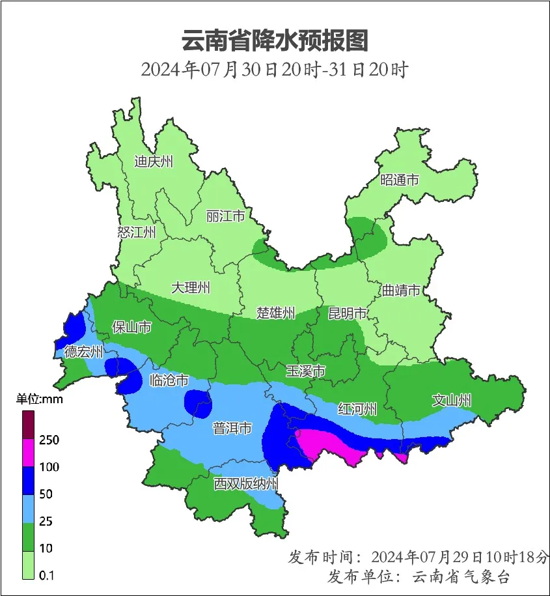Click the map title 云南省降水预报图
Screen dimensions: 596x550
(x=275, y=41)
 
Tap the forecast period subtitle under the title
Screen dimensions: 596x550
(x=274, y=69)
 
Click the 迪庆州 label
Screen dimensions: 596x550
(x=154, y=162)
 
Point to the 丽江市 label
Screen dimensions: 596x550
(x=225, y=216)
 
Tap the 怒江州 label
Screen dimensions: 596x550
(x=137, y=233)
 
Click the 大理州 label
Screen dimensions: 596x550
(x=191, y=287)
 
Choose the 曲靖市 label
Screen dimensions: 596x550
(x=401, y=291)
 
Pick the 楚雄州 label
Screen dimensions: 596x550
(x=275, y=313)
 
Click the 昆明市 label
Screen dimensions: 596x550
(x=348, y=314)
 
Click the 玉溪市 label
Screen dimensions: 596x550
(x=306, y=371)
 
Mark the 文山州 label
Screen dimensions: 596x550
(x=452, y=401)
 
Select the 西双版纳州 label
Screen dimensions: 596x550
(x=247, y=484)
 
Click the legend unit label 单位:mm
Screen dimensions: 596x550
(x=39, y=399)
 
